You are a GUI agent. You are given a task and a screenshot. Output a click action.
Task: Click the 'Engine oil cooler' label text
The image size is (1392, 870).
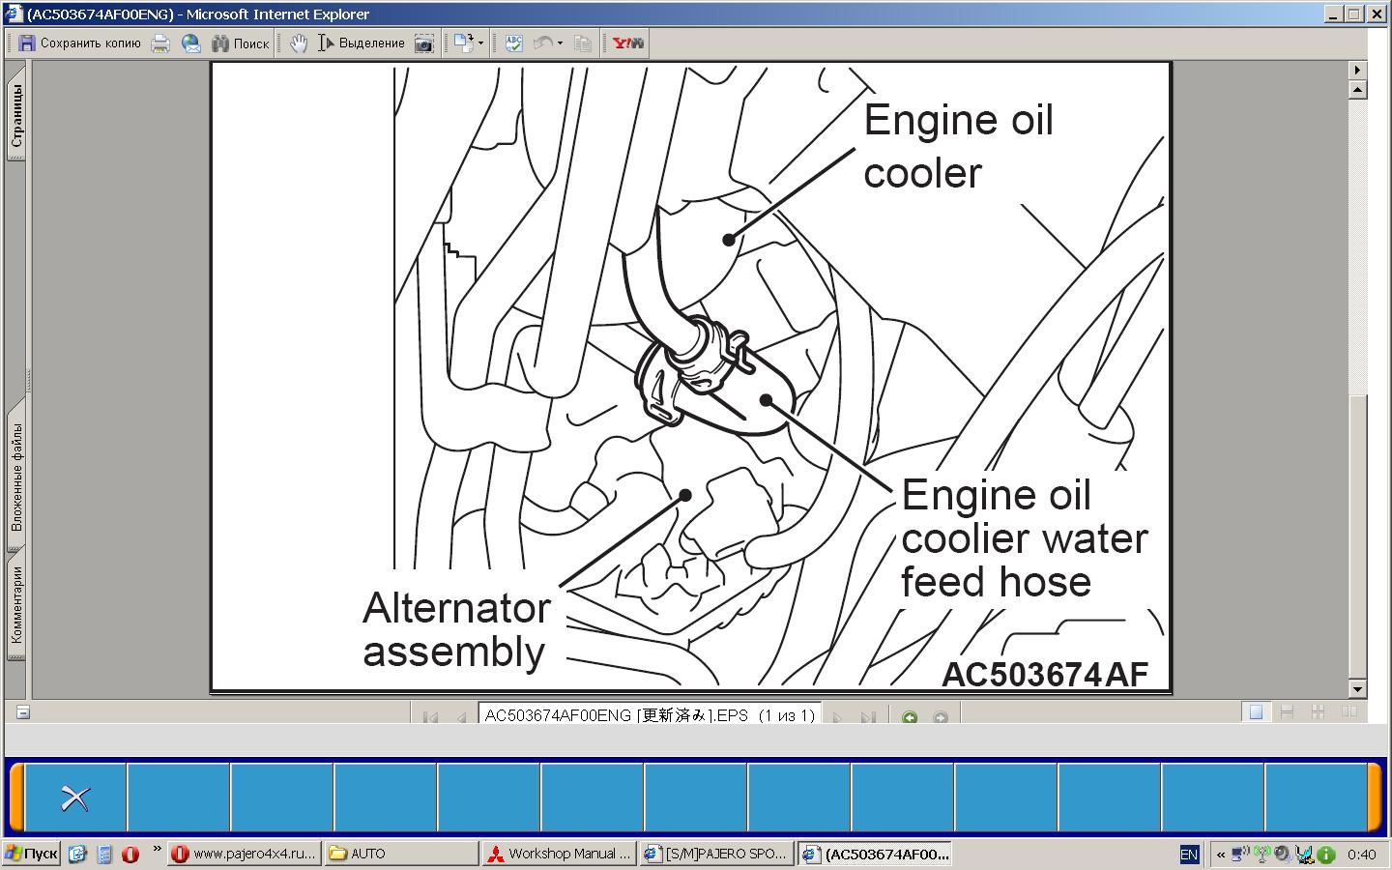(x=959, y=146)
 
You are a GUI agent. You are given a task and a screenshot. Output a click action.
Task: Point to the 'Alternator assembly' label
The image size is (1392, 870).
(x=456, y=629)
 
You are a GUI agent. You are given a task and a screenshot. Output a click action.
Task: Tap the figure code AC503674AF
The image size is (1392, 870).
(x=1045, y=675)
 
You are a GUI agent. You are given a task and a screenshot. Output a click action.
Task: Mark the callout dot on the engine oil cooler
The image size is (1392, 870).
(x=729, y=240)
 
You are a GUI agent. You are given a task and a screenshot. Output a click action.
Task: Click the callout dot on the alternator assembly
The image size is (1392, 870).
(x=685, y=495)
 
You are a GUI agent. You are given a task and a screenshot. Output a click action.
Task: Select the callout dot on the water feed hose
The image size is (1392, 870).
(x=767, y=400)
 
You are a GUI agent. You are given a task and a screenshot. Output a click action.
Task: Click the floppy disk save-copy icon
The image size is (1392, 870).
(x=26, y=43)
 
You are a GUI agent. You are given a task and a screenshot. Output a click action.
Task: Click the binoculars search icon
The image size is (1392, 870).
(x=220, y=43)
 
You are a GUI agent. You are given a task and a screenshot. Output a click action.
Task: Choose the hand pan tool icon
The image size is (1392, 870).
(x=299, y=43)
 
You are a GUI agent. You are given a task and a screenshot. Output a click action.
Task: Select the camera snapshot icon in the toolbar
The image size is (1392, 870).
(x=423, y=43)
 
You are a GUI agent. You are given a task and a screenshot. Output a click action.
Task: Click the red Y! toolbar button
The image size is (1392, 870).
(x=627, y=43)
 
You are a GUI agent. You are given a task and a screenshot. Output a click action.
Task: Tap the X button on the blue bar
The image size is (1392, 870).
(x=75, y=798)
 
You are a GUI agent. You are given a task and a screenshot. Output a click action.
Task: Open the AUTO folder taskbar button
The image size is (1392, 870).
(x=401, y=854)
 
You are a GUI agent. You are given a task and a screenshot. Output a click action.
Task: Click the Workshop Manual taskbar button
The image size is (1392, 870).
(x=560, y=854)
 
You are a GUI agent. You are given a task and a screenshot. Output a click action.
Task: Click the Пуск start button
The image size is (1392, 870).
(x=31, y=854)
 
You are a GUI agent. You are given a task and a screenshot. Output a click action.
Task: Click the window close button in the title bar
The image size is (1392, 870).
(x=1377, y=14)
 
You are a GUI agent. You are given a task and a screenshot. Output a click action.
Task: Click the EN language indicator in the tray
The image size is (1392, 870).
(x=1189, y=855)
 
